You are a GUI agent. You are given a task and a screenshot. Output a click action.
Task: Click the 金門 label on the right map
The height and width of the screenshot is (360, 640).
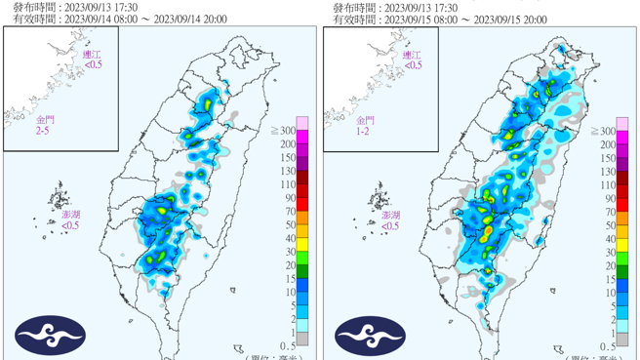coord(364,119)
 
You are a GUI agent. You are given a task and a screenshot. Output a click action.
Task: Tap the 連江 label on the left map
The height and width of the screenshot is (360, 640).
coord(92,55)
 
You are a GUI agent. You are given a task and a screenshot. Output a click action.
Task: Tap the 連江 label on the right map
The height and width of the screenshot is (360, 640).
coord(413,55)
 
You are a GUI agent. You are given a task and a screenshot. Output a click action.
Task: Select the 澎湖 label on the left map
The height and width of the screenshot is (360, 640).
coord(71,214)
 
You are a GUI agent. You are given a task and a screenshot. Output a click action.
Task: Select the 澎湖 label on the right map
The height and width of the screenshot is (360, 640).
coord(390,214)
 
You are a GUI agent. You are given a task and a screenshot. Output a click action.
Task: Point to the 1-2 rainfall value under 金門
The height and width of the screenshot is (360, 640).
coord(364,130)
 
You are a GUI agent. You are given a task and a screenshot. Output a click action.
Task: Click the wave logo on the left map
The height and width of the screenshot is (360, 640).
coord(50,336)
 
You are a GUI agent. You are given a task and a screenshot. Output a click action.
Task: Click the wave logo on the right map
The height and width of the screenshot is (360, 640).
coord(371,336)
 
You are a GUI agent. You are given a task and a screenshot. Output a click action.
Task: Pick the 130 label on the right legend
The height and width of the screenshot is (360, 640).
coord(608,171)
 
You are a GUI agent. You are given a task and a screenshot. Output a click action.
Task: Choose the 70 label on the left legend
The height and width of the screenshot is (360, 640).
coord(289,211)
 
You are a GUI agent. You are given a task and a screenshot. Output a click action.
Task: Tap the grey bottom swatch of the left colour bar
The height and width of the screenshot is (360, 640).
coord(302,340)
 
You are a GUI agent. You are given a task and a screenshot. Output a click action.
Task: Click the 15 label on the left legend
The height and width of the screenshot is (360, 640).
coord(289,278)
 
